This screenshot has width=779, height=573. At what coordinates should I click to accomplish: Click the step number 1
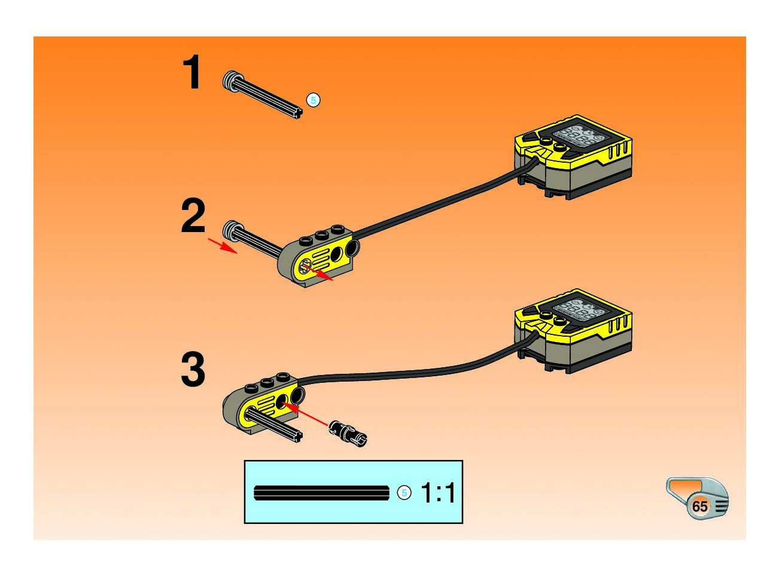pos(192,72)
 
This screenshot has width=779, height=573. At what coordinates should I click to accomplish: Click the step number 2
pos(193,217)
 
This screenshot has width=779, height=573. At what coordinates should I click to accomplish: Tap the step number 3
pos(193,370)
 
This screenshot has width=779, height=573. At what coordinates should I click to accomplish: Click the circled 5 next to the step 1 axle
pos(313,100)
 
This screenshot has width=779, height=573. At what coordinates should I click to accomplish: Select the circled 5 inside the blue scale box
pos(404,493)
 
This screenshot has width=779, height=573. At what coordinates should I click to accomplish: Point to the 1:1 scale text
pos(438,493)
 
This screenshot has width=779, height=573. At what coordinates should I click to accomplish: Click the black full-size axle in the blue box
pos(321,493)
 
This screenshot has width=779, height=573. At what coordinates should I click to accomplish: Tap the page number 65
pos(699,507)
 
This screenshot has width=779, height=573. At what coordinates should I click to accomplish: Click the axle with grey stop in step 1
pos(263,95)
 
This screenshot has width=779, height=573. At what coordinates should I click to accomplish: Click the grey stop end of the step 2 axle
pos(230,231)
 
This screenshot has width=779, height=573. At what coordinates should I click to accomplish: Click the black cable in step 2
pos(437,203)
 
